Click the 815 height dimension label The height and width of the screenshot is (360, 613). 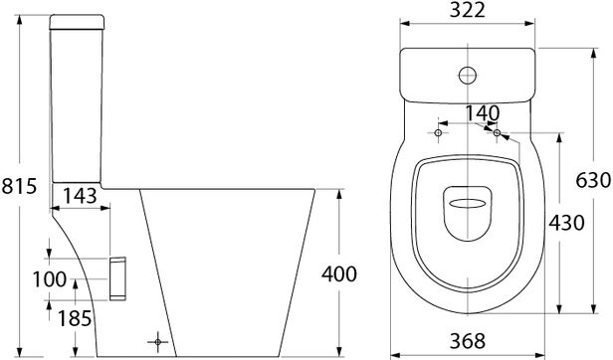point(19,186)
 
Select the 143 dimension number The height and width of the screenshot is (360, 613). point(81,196)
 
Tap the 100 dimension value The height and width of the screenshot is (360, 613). point(50,279)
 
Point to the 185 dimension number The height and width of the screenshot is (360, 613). point(75,318)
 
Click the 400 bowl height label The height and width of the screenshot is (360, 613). point(339,274)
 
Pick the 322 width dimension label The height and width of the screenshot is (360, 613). point(467,10)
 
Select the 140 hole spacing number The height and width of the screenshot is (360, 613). point(483,113)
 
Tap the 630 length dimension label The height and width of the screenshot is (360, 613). point(593,180)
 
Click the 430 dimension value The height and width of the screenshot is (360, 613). point(566,223)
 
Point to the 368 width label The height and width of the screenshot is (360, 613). point(468,341)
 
